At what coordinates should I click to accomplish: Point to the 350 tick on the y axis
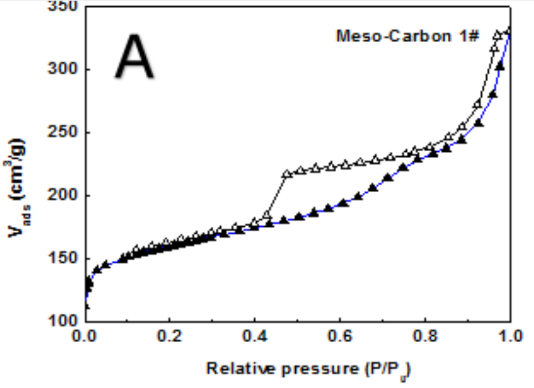[64, 7]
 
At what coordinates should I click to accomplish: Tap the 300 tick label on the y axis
[64, 69]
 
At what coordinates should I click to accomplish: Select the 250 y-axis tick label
[64, 132]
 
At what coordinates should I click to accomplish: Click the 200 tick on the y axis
[64, 195]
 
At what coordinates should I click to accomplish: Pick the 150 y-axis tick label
[64, 258]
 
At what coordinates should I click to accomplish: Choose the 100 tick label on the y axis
[64, 322]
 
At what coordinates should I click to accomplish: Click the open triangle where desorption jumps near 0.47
[287, 175]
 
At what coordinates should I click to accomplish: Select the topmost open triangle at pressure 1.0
[508, 30]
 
